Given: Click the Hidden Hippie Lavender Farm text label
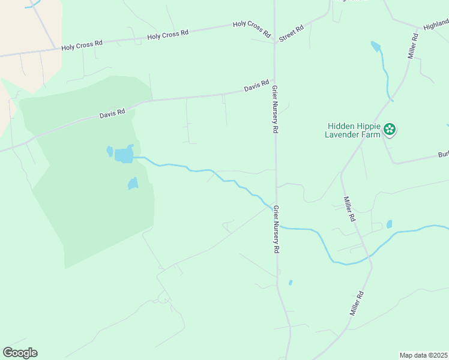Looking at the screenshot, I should pos(354,130).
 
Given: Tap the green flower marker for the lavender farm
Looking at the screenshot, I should pos(390,128).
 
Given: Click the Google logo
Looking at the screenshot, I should pos(20,353).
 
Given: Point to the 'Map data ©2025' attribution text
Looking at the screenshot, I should pos(423,355).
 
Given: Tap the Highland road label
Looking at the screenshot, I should pos(436,24).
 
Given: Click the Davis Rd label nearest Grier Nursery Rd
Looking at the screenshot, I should pos(256,88).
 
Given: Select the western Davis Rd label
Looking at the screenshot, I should pos(112,112).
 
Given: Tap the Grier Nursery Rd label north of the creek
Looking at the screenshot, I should pos(275,109).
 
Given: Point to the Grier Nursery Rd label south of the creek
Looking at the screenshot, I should pos(277,228).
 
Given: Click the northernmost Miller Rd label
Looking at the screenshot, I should pos(412,46).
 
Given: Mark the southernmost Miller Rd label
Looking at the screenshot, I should pos(357,304).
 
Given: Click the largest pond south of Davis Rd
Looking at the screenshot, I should pos(124,155).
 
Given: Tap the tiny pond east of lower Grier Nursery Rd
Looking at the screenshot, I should pos(291,282).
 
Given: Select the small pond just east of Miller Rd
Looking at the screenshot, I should pos(389,224).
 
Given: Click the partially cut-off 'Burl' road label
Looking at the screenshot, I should pos(443,155).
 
